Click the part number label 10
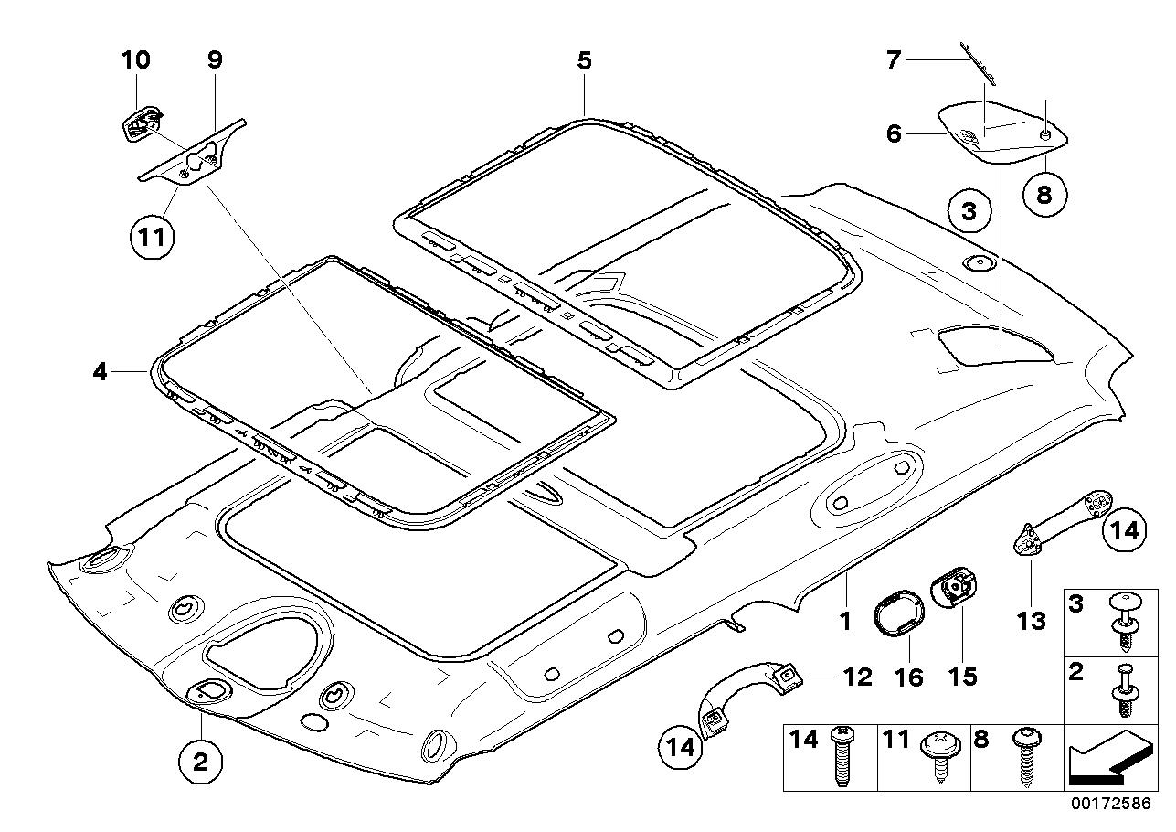pos(136,59)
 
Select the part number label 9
pos(216,59)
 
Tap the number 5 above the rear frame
pos(584,61)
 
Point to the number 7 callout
pos(893,60)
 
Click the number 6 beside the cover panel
pos(894,133)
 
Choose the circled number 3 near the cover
pos(969,210)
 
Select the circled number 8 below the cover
pos(1044,195)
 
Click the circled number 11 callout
pos(153,238)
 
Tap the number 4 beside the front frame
pos(100,372)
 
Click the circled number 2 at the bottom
pos(200,762)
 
